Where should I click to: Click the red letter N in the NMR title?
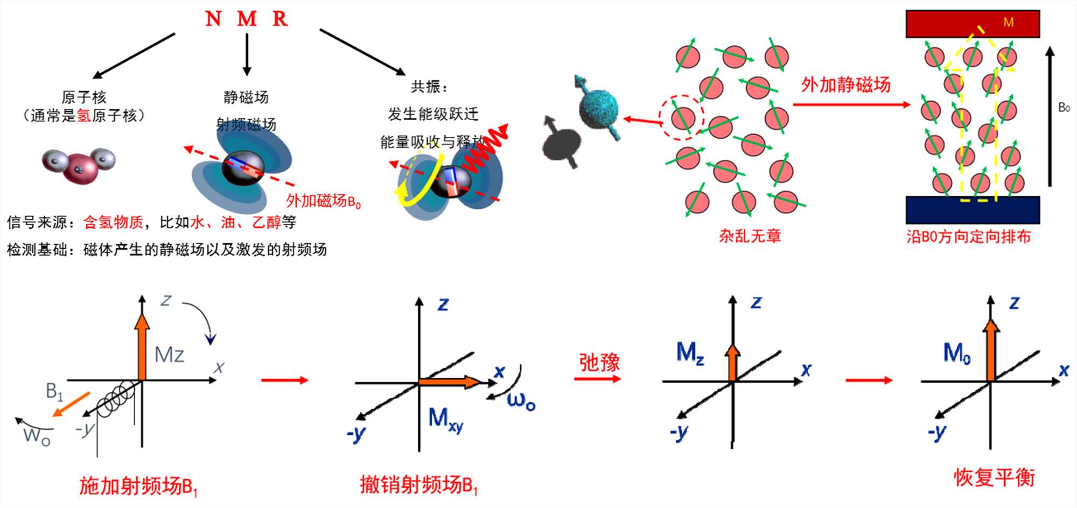click(x=213, y=19)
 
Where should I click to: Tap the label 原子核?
click(x=84, y=97)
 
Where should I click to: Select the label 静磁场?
click(x=246, y=97)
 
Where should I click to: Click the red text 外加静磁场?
click(x=845, y=84)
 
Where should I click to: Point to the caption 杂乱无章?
click(x=750, y=236)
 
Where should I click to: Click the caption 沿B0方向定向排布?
click(x=968, y=237)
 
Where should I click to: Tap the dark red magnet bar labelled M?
click(x=972, y=24)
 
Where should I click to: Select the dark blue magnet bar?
click(x=972, y=210)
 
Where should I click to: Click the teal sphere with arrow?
click(x=598, y=108)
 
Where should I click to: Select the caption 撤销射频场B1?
click(x=418, y=485)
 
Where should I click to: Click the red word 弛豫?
click(x=599, y=363)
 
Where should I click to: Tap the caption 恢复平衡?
click(x=994, y=477)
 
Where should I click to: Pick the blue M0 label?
click(x=957, y=354)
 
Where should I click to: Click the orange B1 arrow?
click(x=71, y=404)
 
